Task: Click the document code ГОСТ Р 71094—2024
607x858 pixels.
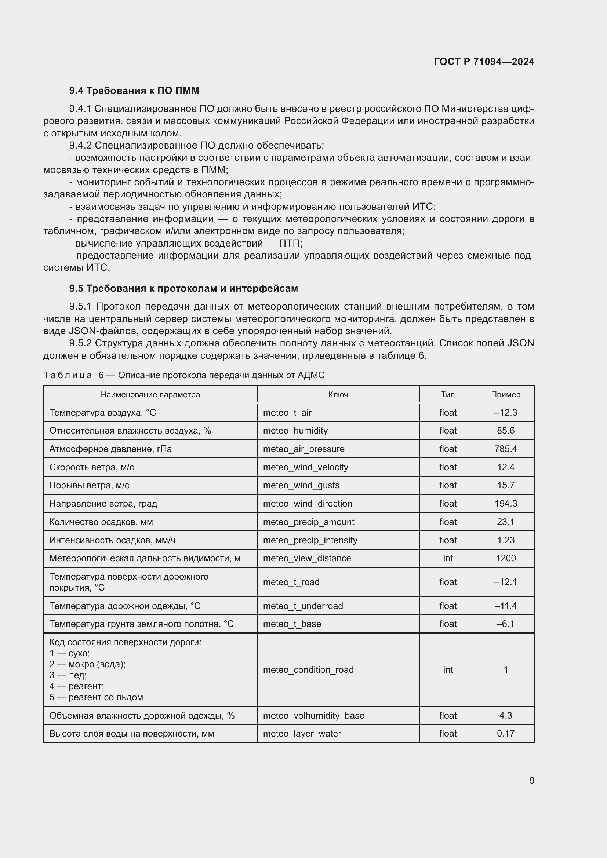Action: [484, 62]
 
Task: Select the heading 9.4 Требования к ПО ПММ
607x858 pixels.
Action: [134, 91]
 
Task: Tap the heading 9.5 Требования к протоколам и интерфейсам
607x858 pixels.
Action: [183, 288]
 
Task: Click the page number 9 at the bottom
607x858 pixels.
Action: [531, 780]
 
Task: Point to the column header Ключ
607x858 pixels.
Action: [338, 395]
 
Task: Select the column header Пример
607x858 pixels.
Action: [505, 395]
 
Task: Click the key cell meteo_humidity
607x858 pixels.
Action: [295, 431]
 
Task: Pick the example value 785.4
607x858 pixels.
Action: [505, 449]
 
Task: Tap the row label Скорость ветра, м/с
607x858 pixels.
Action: [92, 467]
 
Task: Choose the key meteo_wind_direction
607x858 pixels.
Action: [307, 503]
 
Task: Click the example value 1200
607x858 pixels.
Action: [505, 558]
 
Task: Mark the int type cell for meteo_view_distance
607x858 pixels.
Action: [448, 558]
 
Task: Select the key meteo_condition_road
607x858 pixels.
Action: [308, 670]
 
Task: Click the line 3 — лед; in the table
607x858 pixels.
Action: [68, 675]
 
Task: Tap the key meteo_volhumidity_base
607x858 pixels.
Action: [313, 715]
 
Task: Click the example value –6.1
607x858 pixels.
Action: [505, 624]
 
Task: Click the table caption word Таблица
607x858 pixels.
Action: [68, 375]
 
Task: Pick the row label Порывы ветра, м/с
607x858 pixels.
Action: [89, 485]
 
